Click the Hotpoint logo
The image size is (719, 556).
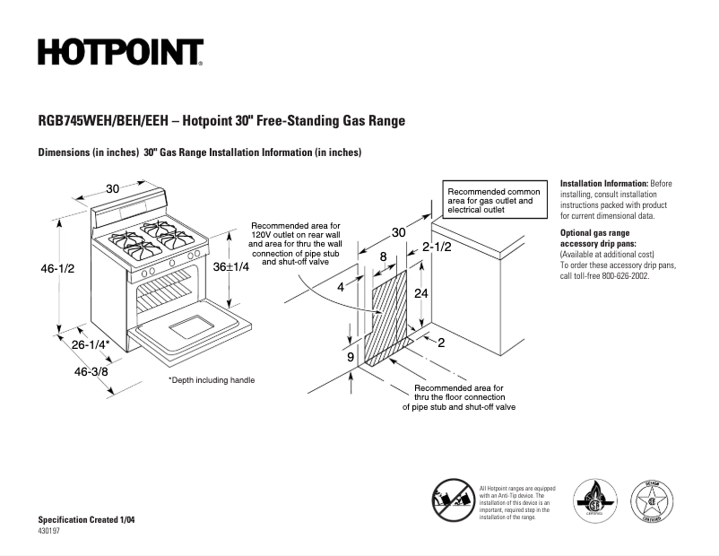click(x=120, y=52)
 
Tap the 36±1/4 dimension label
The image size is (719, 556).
click(x=230, y=266)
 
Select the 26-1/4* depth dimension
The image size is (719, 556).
click(x=91, y=344)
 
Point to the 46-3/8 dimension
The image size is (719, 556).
click(x=91, y=371)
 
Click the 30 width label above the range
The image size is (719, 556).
click(x=113, y=188)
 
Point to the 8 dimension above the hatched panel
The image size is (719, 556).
click(x=384, y=256)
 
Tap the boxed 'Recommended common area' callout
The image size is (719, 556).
click(x=493, y=202)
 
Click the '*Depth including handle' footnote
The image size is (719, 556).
click(x=212, y=380)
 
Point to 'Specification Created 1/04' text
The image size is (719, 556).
click(x=89, y=520)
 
